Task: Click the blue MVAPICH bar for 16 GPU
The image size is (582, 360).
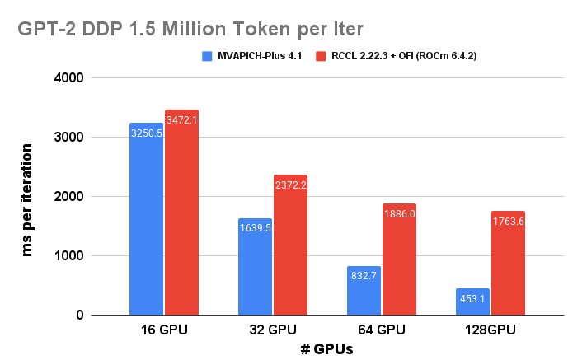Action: coord(146,219)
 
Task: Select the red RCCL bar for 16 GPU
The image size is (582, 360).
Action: coord(181,213)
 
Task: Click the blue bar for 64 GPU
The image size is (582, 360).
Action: coord(364,290)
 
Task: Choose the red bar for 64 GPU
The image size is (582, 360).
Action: coord(399,259)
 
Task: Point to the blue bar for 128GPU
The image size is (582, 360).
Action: coord(472,302)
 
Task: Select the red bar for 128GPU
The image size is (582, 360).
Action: coord(508,263)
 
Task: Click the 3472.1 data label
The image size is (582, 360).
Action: coord(181,121)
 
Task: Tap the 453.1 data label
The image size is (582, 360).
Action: coord(472,299)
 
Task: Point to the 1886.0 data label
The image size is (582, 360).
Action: coord(399,214)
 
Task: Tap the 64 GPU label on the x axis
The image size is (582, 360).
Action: coord(382,330)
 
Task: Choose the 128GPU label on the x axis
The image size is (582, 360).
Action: coord(490,330)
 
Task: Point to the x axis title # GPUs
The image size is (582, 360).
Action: coord(326,349)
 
